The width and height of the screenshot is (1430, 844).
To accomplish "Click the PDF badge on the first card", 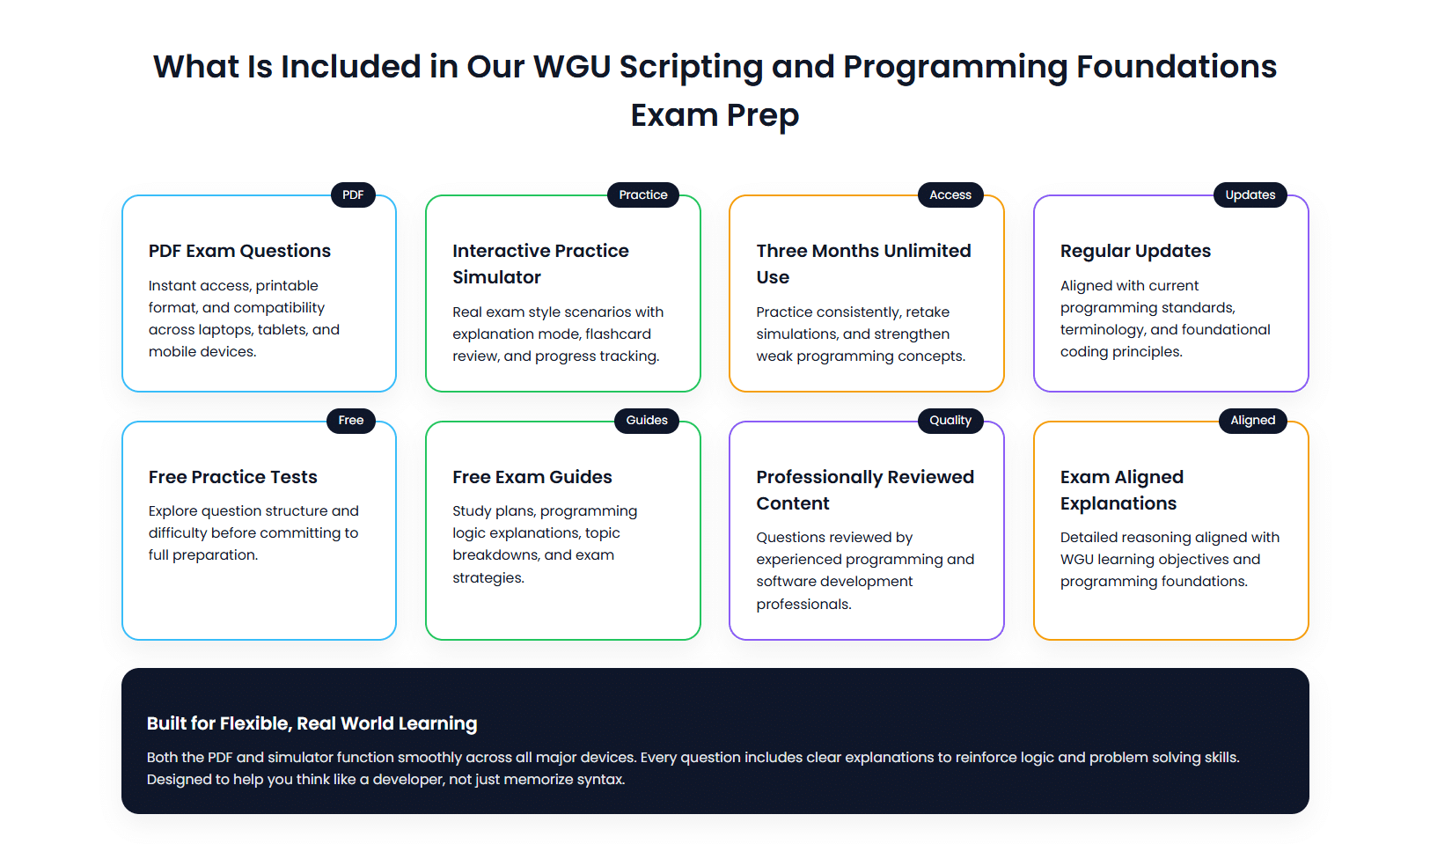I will tap(353, 194).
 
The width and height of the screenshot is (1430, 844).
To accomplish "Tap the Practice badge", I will tap(642, 194).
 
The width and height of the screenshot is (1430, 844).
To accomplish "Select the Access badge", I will tap(950, 194).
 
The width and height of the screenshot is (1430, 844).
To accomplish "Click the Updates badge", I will tap(1250, 194).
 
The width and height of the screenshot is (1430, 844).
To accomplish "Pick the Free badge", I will tap(351, 421).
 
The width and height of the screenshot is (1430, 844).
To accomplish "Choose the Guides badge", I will tap(647, 421).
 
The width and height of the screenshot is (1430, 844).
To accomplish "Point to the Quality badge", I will tap(950, 421).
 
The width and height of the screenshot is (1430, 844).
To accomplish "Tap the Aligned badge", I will tap(1252, 421).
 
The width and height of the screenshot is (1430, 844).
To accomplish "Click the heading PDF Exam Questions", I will tap(239, 251).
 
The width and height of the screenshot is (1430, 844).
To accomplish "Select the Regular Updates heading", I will tap(1135, 251).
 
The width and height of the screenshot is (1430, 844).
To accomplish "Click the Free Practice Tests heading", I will tap(232, 477).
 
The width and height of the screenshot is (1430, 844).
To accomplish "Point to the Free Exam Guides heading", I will tap(532, 477).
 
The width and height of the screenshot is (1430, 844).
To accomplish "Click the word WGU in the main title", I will tap(572, 67).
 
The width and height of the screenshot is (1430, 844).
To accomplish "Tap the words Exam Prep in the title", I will tap(715, 115).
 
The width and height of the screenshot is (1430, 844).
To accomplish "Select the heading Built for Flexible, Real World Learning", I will tap(312, 723).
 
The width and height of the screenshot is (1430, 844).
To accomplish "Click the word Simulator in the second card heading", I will tap(496, 277).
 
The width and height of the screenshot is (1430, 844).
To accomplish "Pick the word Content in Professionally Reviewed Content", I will tap(792, 503).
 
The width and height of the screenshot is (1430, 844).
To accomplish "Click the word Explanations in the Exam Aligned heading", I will tap(1118, 503).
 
